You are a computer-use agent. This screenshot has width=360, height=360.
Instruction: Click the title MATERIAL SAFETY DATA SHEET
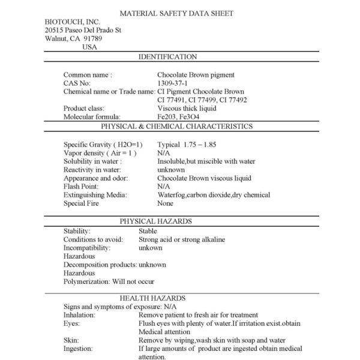point(176,13)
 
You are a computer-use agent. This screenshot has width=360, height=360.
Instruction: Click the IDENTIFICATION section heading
point(167,57)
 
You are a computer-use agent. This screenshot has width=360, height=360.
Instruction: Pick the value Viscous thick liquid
point(187,109)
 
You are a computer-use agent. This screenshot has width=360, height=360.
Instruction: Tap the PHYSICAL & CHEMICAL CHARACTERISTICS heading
point(176,127)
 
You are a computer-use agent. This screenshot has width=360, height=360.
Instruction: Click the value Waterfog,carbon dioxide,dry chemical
point(214,195)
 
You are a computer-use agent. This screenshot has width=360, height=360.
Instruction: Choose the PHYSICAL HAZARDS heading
point(155,221)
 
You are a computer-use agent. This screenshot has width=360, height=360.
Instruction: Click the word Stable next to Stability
point(148,231)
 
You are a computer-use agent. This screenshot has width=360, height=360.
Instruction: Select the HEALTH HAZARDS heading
point(152,298)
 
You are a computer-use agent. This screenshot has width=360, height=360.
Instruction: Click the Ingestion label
point(78,349)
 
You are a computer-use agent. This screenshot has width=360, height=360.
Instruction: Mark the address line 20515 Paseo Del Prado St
point(83,31)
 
